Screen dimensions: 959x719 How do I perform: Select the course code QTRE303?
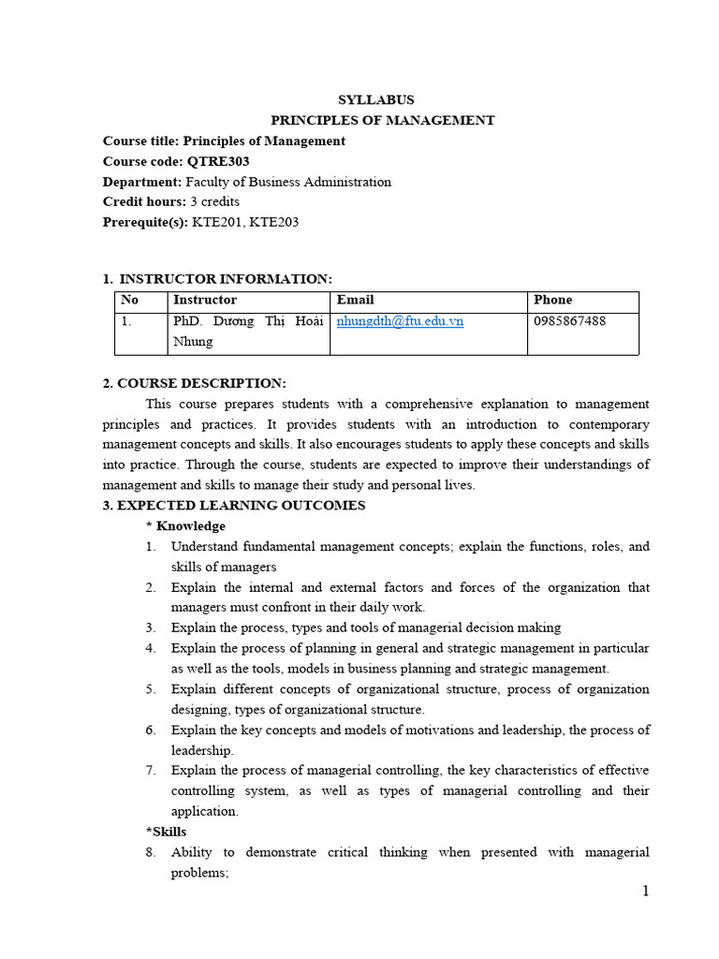click(x=218, y=161)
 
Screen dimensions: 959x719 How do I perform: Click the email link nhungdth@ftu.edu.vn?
click(x=400, y=321)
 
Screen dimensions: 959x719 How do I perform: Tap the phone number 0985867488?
click(x=569, y=321)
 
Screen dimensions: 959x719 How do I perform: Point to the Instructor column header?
click(x=205, y=300)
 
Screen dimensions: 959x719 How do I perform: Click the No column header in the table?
click(x=129, y=300)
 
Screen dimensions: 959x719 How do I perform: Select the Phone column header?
click(x=552, y=300)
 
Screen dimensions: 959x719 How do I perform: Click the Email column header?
click(x=355, y=300)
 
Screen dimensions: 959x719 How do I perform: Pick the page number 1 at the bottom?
click(x=645, y=891)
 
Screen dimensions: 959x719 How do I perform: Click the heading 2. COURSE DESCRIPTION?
click(x=194, y=383)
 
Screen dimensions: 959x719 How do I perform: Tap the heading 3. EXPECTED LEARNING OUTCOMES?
click(x=234, y=505)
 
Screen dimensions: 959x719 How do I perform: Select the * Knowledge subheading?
click(x=185, y=525)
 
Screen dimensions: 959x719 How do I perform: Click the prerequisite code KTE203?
click(x=274, y=222)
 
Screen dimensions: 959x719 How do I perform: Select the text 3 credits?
click(x=214, y=201)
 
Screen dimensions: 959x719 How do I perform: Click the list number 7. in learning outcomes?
click(x=150, y=771)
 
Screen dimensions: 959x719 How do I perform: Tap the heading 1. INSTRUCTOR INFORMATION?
click(x=217, y=279)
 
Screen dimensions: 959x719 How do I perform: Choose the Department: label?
click(x=142, y=182)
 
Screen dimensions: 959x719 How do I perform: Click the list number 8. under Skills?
click(x=150, y=852)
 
